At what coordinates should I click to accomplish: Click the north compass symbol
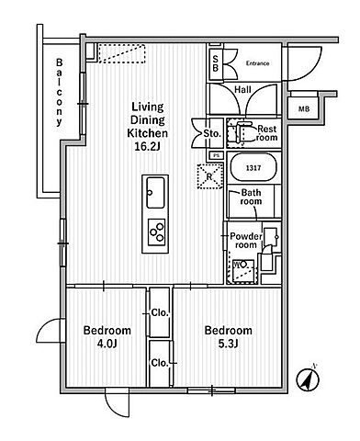(x=308, y=379)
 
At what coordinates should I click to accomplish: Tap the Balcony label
(x=59, y=93)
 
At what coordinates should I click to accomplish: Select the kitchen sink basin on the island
(x=155, y=193)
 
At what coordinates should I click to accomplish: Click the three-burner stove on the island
(x=156, y=232)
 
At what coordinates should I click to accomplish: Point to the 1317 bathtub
(x=253, y=167)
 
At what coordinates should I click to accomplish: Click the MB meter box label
(x=304, y=108)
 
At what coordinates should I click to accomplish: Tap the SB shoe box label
(x=216, y=63)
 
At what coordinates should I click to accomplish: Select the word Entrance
(x=258, y=63)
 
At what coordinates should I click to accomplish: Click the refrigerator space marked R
(x=210, y=176)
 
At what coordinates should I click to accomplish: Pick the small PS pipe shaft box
(x=217, y=155)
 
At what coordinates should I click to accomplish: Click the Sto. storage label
(x=212, y=133)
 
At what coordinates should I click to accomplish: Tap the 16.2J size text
(x=148, y=147)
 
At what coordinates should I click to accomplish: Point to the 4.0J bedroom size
(x=107, y=344)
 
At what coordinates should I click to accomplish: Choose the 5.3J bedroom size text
(x=228, y=344)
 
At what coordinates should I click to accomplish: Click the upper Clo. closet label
(x=160, y=313)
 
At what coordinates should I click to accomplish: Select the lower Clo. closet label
(x=160, y=363)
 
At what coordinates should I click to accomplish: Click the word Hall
(x=242, y=90)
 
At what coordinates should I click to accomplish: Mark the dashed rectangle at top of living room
(x=121, y=53)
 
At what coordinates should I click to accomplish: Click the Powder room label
(x=246, y=241)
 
